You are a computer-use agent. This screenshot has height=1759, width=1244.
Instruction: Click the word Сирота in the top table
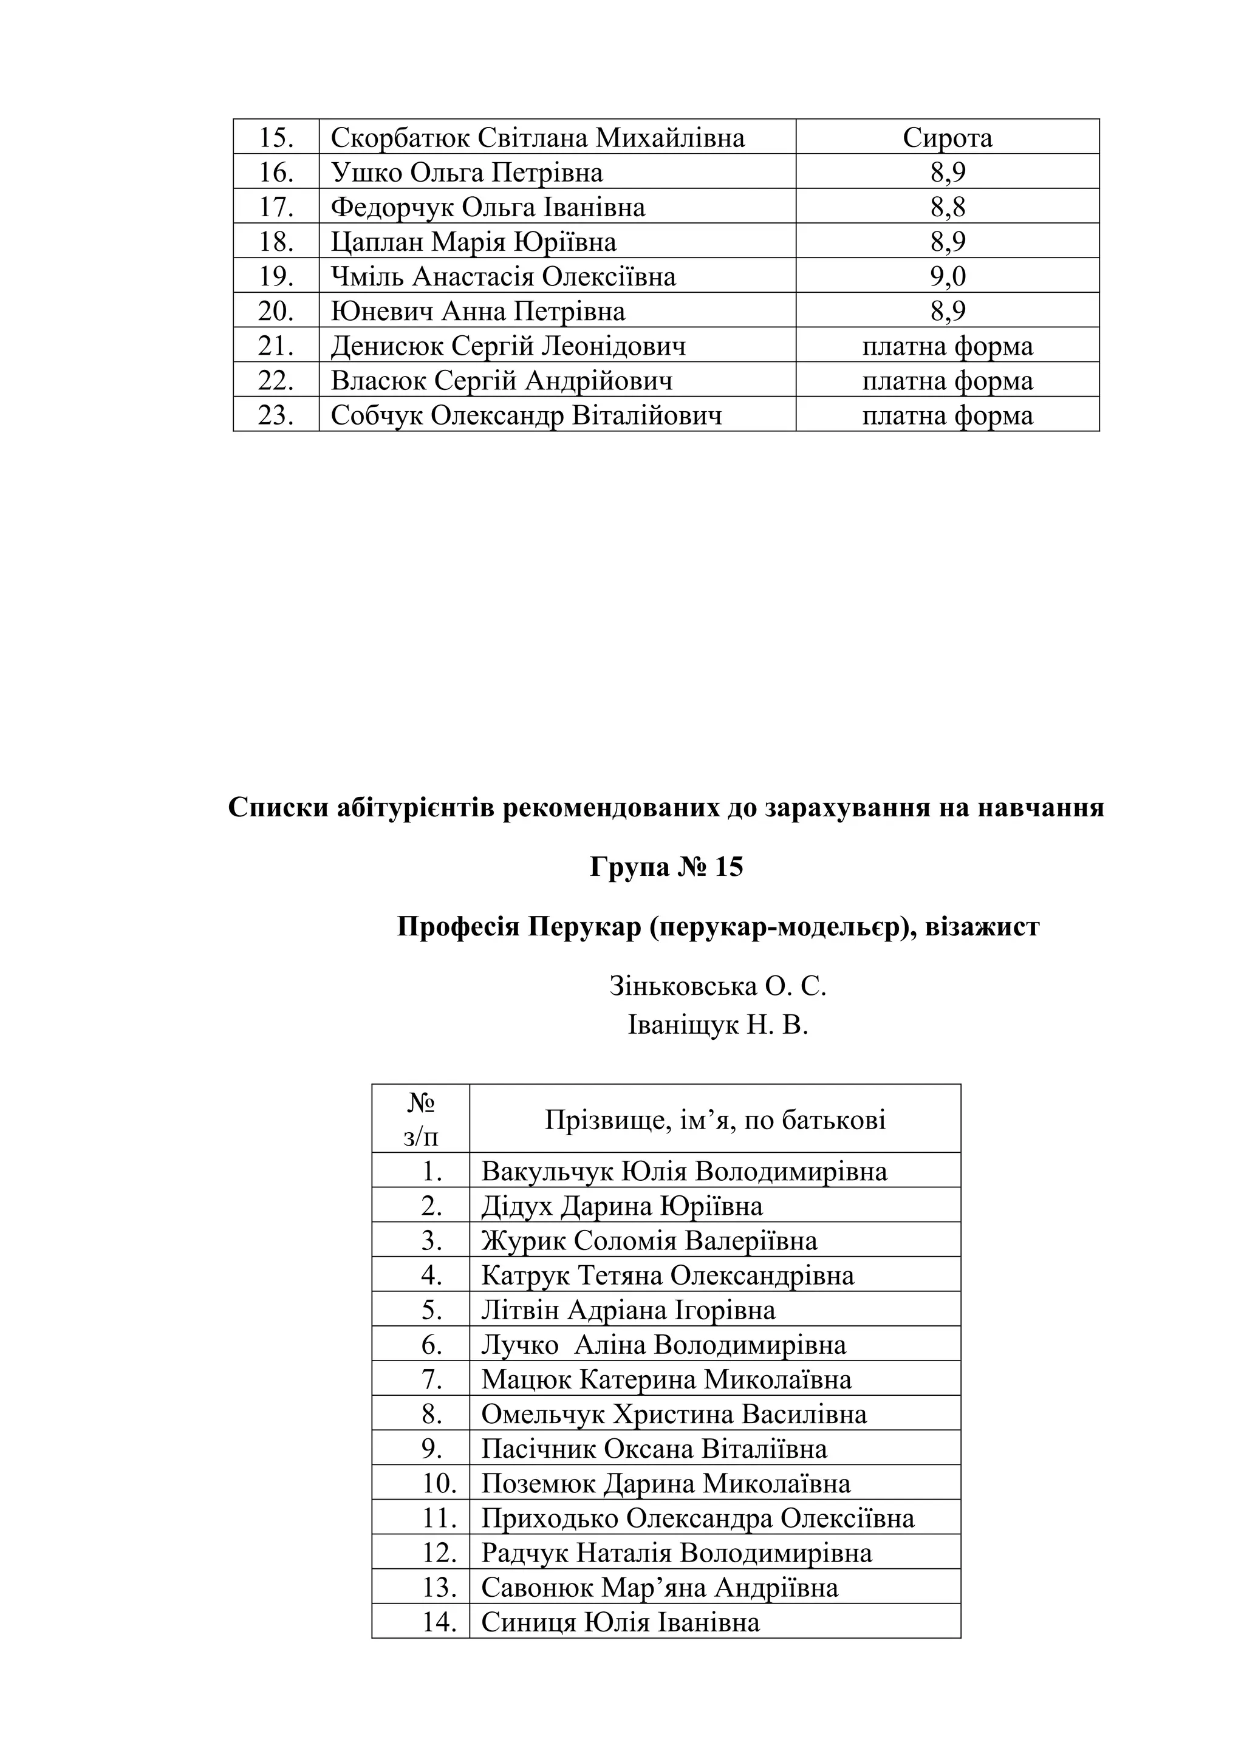tap(947, 138)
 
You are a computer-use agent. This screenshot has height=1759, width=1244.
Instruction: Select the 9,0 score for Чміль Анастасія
tap(948, 276)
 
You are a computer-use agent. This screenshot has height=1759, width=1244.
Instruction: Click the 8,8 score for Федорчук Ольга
tap(948, 208)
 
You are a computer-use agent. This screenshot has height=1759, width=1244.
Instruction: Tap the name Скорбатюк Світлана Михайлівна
tap(537, 138)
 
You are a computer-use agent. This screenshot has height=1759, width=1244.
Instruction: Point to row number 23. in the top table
tap(276, 415)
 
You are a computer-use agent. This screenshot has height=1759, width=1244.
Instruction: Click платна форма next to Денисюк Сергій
tap(948, 346)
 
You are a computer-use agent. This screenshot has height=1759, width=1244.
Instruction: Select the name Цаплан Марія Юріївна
tap(473, 242)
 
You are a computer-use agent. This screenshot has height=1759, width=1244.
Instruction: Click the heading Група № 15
tap(666, 867)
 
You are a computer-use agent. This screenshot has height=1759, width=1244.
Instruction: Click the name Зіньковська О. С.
tap(718, 986)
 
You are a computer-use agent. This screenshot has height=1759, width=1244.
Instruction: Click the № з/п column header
tap(420, 1119)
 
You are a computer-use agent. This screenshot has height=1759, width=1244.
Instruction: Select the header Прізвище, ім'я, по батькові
tap(715, 1120)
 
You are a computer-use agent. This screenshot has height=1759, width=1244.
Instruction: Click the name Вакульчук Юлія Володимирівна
tap(684, 1172)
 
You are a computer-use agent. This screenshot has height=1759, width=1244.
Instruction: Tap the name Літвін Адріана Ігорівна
tap(628, 1310)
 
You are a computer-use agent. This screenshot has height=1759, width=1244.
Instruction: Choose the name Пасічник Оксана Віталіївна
tap(654, 1449)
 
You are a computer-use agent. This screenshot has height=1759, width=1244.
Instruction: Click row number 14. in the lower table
tap(440, 1622)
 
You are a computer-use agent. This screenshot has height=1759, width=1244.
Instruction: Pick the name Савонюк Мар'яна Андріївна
tap(660, 1587)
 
